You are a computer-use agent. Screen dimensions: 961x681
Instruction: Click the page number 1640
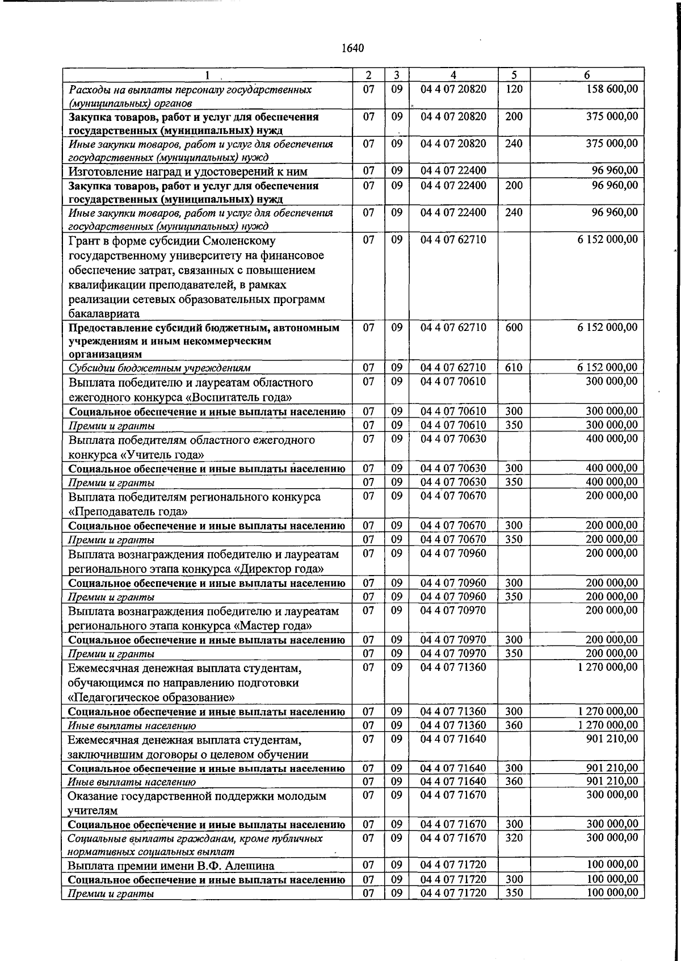(352, 48)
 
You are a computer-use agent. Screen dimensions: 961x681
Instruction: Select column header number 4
(453, 75)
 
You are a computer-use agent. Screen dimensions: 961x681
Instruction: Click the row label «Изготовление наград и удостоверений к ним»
(188, 171)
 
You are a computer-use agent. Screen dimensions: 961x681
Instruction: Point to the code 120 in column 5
(514, 89)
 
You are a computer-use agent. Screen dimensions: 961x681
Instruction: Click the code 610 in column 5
(514, 367)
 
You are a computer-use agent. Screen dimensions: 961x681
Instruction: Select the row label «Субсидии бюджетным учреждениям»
(159, 368)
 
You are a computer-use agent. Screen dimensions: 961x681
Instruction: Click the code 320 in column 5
(514, 838)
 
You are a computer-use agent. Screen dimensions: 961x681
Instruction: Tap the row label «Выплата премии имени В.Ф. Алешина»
(171, 866)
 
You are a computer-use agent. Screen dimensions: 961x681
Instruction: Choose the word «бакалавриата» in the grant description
(104, 313)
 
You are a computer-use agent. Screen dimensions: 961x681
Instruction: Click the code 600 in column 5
(514, 328)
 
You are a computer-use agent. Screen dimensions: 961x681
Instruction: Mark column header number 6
(587, 75)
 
